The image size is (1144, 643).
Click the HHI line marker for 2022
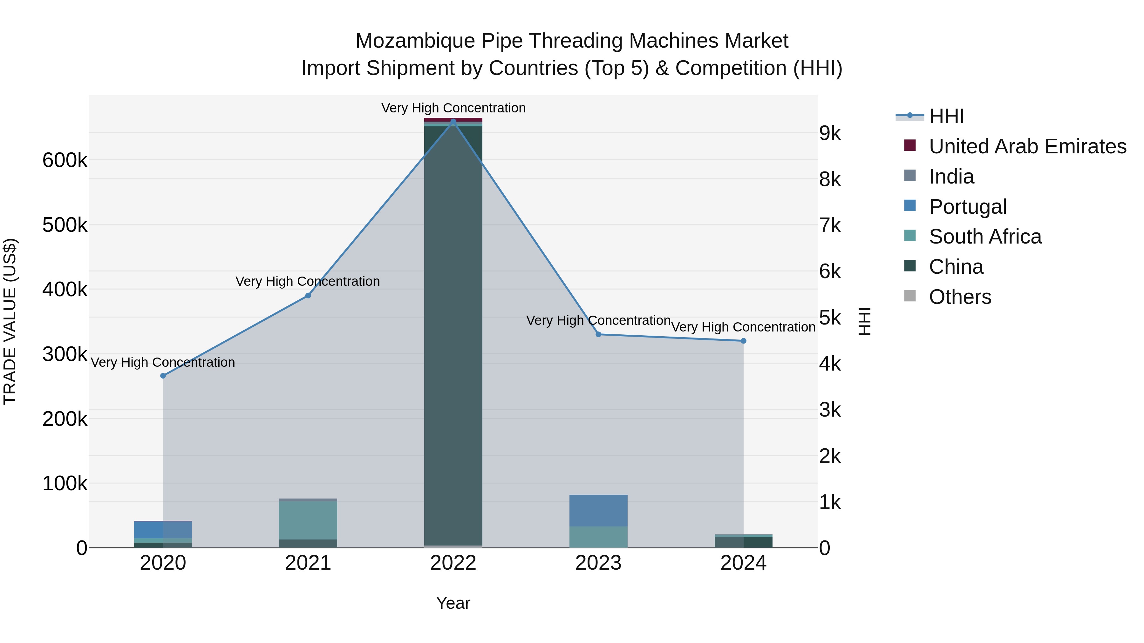(x=453, y=121)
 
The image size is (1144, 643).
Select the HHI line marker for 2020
(x=163, y=376)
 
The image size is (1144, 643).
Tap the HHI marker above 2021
(x=308, y=296)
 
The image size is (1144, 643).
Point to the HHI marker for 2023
(x=598, y=335)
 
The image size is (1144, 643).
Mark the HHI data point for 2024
(x=743, y=341)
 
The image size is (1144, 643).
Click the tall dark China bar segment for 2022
(x=453, y=333)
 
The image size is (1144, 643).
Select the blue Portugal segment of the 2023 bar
(x=598, y=510)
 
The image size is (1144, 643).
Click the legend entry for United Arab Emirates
(x=1027, y=146)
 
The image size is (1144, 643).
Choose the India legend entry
(x=951, y=177)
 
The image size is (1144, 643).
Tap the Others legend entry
(x=960, y=297)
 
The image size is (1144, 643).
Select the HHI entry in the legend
(x=946, y=116)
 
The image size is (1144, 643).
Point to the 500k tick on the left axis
(x=65, y=225)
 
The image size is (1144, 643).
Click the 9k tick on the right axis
(x=830, y=134)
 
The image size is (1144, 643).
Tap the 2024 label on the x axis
(x=743, y=563)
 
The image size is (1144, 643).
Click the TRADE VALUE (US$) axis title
(x=10, y=321)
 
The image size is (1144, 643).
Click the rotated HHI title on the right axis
(x=864, y=321)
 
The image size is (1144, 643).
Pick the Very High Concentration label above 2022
(x=453, y=108)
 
